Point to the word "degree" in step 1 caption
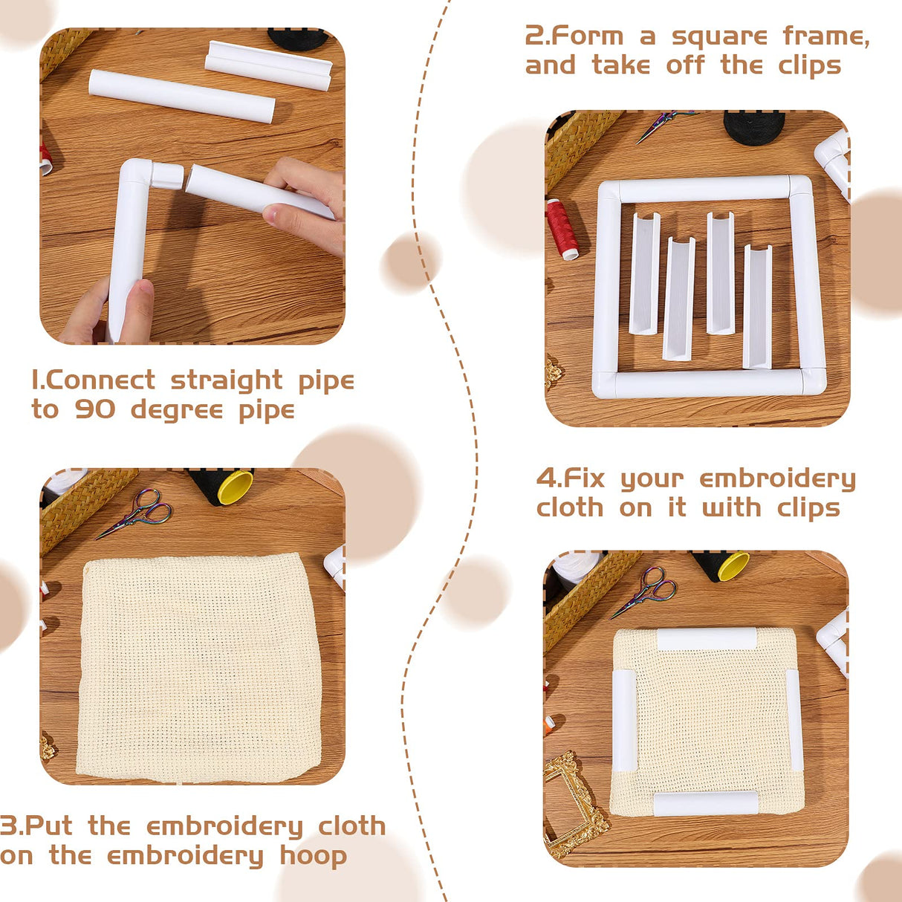(177, 411)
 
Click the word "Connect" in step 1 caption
(100, 380)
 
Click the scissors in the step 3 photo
(137, 513)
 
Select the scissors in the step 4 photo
(645, 591)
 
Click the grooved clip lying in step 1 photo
(268, 65)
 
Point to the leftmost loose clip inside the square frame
(644, 273)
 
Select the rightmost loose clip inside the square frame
(757, 306)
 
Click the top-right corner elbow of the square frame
(800, 186)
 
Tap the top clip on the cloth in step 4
(706, 639)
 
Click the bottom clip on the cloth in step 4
(705, 803)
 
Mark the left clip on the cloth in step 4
(623, 720)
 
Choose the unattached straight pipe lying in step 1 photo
(181, 96)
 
